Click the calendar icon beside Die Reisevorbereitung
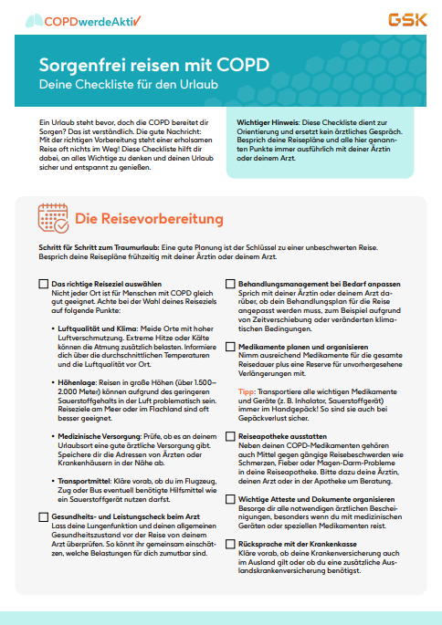(54, 219)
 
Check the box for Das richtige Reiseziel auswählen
(44, 285)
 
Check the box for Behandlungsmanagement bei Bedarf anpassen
(230, 285)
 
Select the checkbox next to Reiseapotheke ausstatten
(230, 436)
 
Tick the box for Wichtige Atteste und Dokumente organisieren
(230, 499)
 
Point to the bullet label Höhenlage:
(79, 382)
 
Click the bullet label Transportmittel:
(87, 481)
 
